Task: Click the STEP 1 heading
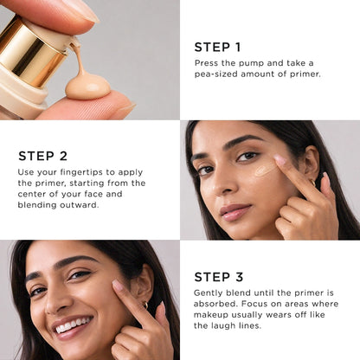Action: click(217, 48)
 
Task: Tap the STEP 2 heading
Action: click(42, 156)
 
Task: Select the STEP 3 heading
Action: click(219, 277)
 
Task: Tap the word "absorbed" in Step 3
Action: click(215, 304)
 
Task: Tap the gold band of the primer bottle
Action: click(32, 50)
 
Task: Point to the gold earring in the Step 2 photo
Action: click(313, 183)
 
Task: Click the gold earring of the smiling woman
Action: click(145, 305)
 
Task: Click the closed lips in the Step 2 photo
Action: click(235, 211)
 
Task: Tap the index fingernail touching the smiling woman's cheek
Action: click(118, 286)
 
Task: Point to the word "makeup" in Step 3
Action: click(211, 315)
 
